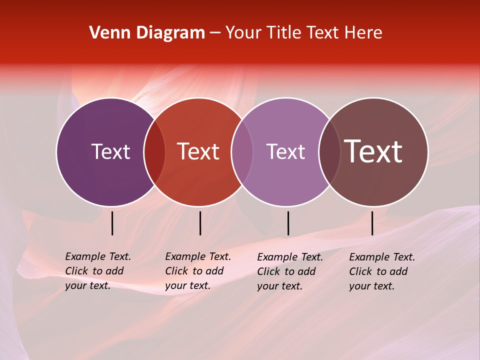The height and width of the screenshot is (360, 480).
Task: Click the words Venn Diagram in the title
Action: point(147,33)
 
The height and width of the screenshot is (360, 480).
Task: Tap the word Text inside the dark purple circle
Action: point(110,151)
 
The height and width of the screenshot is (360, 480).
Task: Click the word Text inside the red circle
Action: point(198,151)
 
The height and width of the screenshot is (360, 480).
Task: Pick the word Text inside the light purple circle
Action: point(285,151)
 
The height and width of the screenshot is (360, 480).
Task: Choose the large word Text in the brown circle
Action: point(373,151)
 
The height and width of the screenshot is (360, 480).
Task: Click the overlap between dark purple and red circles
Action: point(154,151)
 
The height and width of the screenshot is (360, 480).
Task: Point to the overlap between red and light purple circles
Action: point(242,151)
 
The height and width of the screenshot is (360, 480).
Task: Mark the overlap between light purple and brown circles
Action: point(329,151)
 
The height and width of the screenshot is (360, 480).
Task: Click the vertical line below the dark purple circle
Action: point(112,223)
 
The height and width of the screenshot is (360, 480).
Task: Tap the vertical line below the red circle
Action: point(200,223)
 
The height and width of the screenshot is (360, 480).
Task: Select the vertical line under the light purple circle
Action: point(288,223)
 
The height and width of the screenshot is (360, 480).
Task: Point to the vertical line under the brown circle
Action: point(372,223)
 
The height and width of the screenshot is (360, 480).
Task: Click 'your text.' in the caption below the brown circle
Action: point(371,286)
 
